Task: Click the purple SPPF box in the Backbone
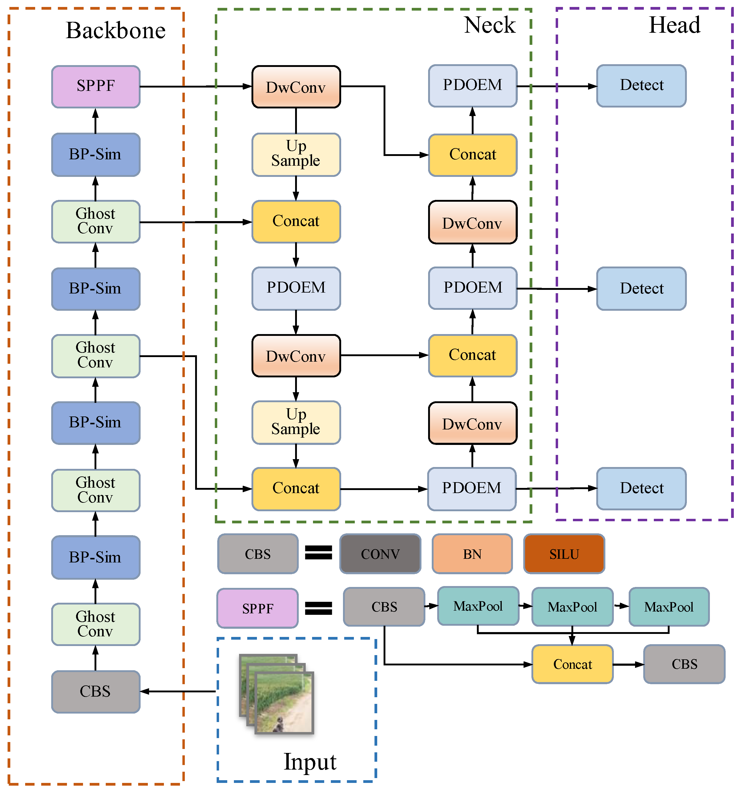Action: (96, 86)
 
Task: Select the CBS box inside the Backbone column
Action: (96, 692)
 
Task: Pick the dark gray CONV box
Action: (380, 554)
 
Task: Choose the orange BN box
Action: (472, 554)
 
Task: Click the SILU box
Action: (564, 554)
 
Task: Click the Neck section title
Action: (490, 25)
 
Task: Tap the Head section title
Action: (675, 25)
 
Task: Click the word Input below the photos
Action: (310, 762)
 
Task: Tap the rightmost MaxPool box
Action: (669, 607)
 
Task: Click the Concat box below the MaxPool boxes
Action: (573, 664)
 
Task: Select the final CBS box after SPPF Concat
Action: (684, 664)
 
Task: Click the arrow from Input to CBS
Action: (178, 692)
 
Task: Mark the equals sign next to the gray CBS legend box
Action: (318, 552)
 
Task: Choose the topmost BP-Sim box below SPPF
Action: (96, 154)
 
